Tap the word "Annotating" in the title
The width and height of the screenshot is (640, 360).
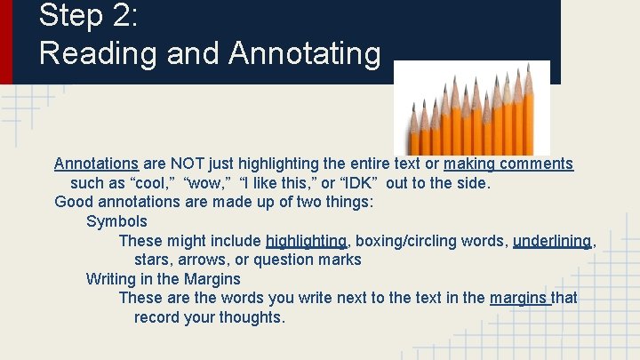point(304,53)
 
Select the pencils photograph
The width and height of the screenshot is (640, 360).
point(472,109)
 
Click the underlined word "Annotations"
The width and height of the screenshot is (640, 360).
point(96,164)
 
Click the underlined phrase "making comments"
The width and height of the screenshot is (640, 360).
point(508,164)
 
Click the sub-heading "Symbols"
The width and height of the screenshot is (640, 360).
point(116,221)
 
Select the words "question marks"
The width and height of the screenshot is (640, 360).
point(314,260)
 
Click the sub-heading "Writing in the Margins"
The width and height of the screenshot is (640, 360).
point(163,279)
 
